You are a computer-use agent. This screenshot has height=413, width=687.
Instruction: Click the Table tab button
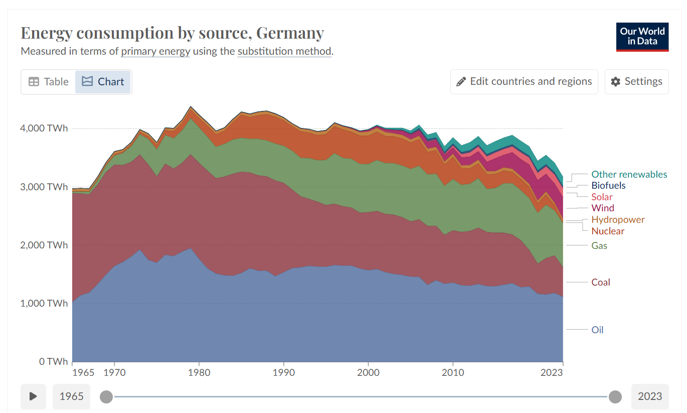click(x=48, y=82)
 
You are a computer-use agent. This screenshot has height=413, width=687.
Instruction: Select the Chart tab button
click(x=103, y=82)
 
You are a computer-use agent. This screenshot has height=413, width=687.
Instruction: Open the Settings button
click(x=636, y=82)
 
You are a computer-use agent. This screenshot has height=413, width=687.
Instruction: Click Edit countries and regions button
click(x=524, y=82)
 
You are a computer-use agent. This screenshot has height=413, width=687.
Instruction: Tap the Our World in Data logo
click(x=642, y=37)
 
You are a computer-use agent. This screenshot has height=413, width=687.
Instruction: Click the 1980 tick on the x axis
click(x=199, y=373)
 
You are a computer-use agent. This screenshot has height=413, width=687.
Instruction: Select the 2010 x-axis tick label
click(x=453, y=373)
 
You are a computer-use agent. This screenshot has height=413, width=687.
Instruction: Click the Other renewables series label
click(x=629, y=175)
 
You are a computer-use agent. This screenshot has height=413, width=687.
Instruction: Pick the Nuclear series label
click(x=608, y=231)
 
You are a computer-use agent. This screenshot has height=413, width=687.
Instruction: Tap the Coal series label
click(x=600, y=283)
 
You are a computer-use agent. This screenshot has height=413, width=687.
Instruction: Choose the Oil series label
click(x=597, y=330)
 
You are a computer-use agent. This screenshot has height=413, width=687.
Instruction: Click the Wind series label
click(x=602, y=208)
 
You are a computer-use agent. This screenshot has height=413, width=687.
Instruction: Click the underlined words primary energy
click(x=155, y=51)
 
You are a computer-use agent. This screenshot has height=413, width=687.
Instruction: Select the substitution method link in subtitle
click(x=284, y=51)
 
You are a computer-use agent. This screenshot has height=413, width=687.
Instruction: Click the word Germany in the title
click(x=290, y=33)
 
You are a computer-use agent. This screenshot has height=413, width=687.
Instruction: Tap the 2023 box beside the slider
click(x=649, y=396)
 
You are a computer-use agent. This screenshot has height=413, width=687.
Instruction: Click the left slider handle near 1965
click(x=106, y=397)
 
